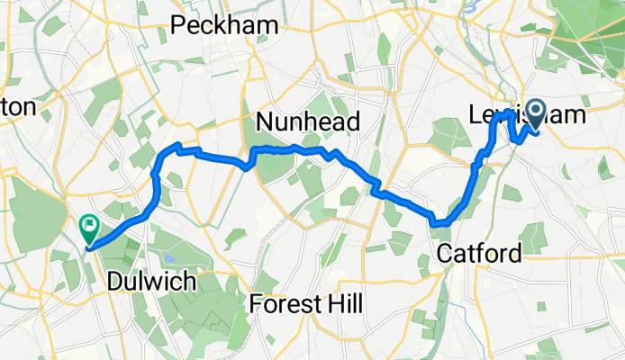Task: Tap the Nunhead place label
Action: tap(308, 121)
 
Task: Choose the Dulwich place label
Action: tap(151, 282)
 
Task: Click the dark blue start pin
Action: tap(537, 114)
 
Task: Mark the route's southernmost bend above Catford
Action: tap(439, 222)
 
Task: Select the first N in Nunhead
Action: tap(265, 121)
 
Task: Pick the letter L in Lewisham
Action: tap(476, 115)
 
